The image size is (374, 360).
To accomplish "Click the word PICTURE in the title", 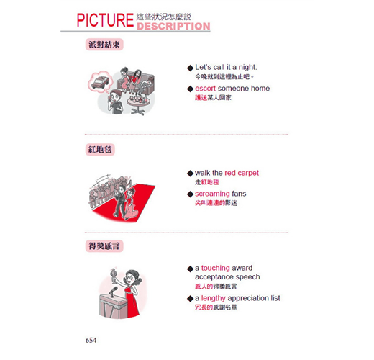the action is click(x=105, y=20).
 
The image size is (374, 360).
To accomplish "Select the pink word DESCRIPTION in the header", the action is click(x=173, y=26).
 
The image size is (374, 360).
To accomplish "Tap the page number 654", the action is click(x=91, y=340).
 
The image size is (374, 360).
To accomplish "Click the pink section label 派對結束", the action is click(x=104, y=45).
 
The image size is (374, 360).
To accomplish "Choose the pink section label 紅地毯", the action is click(x=100, y=150).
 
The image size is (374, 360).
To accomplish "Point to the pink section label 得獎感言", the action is click(x=104, y=246).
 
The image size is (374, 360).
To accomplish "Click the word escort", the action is click(x=205, y=89).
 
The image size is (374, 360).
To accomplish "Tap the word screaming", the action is click(x=212, y=194).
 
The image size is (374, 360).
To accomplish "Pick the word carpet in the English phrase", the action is click(x=248, y=173).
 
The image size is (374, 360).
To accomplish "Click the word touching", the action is click(x=215, y=268).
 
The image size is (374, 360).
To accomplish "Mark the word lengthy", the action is click(x=213, y=298).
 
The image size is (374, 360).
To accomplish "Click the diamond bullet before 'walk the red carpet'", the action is click(x=190, y=173).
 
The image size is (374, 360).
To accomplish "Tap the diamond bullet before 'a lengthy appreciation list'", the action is click(x=190, y=299).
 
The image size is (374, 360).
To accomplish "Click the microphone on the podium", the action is click(x=114, y=292).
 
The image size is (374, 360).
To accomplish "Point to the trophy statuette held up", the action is click(x=114, y=276).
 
